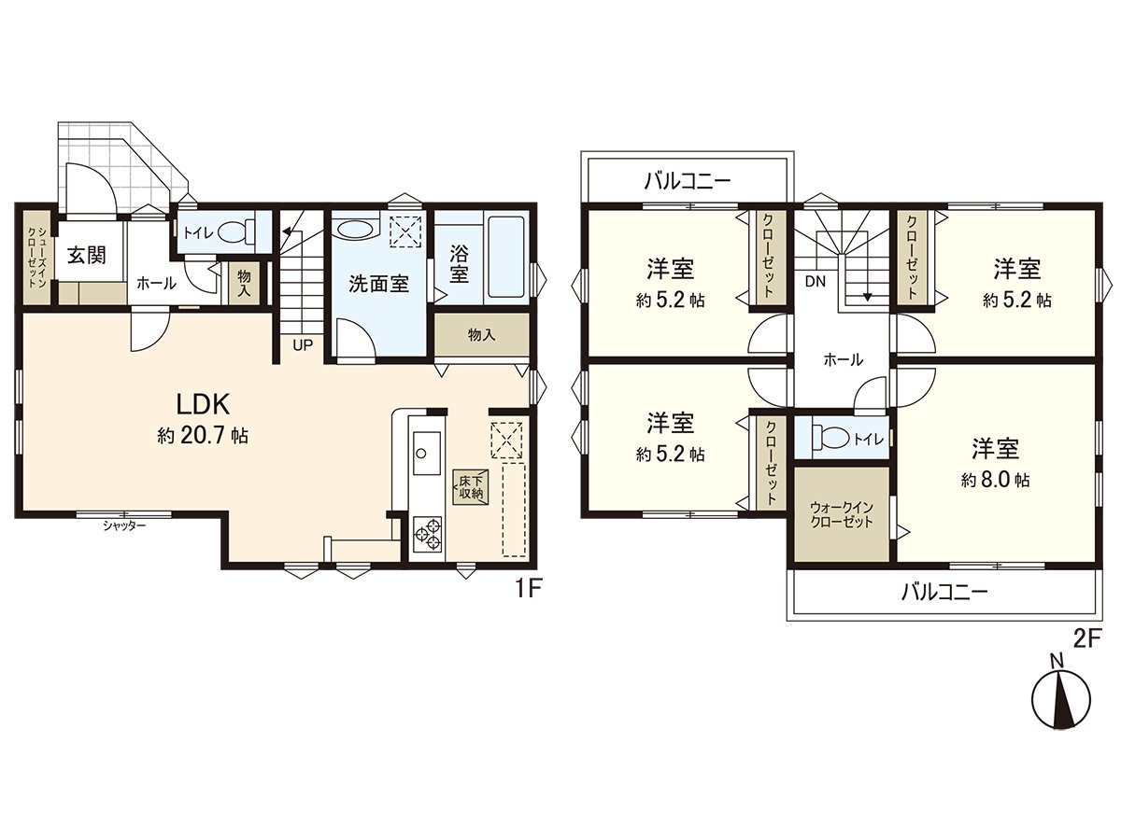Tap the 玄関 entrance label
(85, 256)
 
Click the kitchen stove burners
(427, 532)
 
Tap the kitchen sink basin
(422, 454)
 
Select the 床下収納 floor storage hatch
(469, 487)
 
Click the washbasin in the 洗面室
(354, 230)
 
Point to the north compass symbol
(1061, 696)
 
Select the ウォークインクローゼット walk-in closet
(841, 515)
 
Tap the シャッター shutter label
(124, 526)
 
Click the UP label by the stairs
(303, 344)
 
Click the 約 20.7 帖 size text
(204, 436)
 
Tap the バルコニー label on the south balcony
(944, 592)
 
